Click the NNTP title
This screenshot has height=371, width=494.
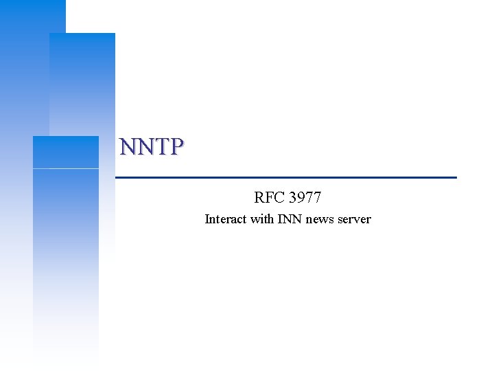152,146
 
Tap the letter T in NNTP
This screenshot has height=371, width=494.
161,146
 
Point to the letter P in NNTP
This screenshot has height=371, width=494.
176,146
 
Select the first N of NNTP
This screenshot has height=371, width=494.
128,146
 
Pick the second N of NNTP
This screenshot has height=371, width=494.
144,146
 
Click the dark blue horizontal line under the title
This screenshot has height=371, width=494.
285,177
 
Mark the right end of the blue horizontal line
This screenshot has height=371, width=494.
455,177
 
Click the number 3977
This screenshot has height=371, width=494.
305,198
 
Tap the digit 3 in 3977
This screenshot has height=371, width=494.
293,198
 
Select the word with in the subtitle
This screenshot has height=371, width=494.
262,220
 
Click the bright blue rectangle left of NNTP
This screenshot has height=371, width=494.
66,152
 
